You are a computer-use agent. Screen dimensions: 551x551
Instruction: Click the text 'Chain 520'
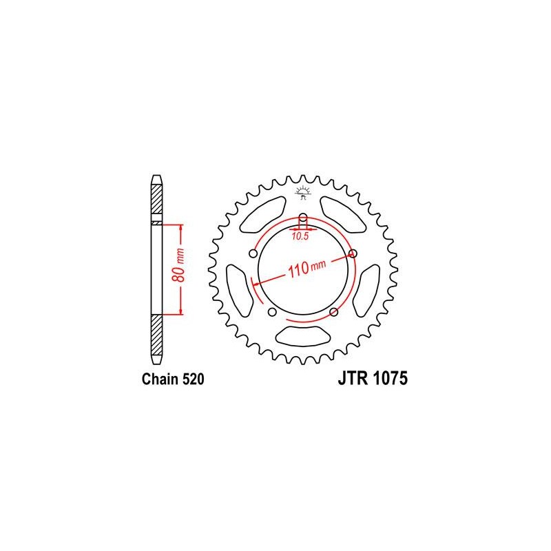(x=173, y=380)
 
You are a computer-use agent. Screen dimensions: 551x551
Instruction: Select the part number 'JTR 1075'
(x=373, y=378)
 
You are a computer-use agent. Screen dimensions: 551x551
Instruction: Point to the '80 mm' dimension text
(x=180, y=266)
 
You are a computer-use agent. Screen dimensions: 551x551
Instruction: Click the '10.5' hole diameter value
(x=300, y=236)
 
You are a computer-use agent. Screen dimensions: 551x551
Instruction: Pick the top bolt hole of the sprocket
(x=303, y=216)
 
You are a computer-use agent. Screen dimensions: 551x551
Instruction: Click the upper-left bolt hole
(x=253, y=253)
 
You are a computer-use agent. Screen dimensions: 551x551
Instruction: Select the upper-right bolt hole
(x=353, y=253)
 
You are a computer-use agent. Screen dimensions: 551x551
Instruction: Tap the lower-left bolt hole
(x=272, y=312)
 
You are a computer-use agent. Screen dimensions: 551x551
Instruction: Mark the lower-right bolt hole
(x=334, y=312)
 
